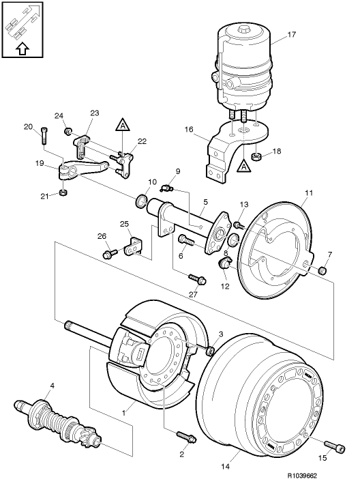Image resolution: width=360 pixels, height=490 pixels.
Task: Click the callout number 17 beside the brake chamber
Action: pyautogui.click(x=291, y=34)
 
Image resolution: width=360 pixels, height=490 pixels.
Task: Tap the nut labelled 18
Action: pyautogui.click(x=256, y=156)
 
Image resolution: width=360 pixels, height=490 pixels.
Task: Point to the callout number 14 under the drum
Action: pyautogui.click(x=226, y=467)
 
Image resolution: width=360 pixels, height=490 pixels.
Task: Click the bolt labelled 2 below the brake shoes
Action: pyautogui.click(x=186, y=437)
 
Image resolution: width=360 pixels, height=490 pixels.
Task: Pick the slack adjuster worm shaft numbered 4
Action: pyautogui.click(x=59, y=420)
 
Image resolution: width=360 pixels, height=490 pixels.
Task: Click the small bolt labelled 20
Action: pyautogui.click(x=44, y=136)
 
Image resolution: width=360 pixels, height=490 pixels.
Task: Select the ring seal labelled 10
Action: pyautogui.click(x=141, y=201)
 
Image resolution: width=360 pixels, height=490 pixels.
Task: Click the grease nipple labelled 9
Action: pyautogui.click(x=166, y=188)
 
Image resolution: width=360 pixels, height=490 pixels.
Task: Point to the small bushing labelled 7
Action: pyautogui.click(x=322, y=270)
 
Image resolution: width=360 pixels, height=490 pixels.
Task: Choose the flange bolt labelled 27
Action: pyautogui.click(x=197, y=278)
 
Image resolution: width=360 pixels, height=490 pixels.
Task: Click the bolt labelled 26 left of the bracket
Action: pyautogui.click(x=110, y=253)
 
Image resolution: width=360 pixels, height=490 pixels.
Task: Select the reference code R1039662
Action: pyautogui.click(x=302, y=476)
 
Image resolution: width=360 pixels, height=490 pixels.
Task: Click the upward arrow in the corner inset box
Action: pyautogui.click(x=22, y=49)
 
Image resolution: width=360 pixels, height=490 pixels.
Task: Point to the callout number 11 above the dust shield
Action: pyautogui.click(x=308, y=193)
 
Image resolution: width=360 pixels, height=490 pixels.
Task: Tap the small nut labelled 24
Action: pyautogui.click(x=67, y=130)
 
